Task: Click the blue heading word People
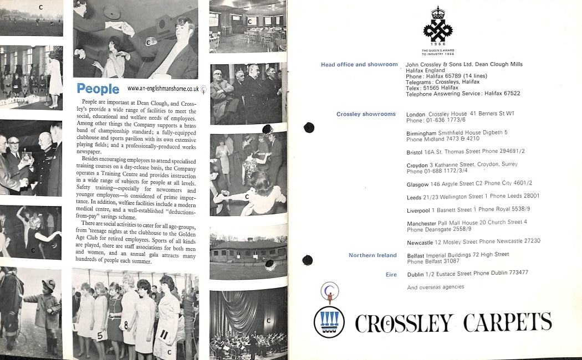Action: coord(98,89)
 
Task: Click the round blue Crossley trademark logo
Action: coord(329,322)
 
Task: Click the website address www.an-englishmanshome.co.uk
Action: coord(163,89)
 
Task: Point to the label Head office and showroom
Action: coord(359,65)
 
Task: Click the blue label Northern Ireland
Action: coord(372,255)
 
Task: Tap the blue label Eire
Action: coord(391,274)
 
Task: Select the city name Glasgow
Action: coord(417,183)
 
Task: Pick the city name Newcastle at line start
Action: coord(420,241)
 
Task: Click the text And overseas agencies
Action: coord(435,287)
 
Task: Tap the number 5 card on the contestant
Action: coord(100,336)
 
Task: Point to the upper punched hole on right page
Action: coord(309,128)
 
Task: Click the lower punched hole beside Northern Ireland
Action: coord(307,260)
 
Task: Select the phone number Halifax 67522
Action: coord(502,94)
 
